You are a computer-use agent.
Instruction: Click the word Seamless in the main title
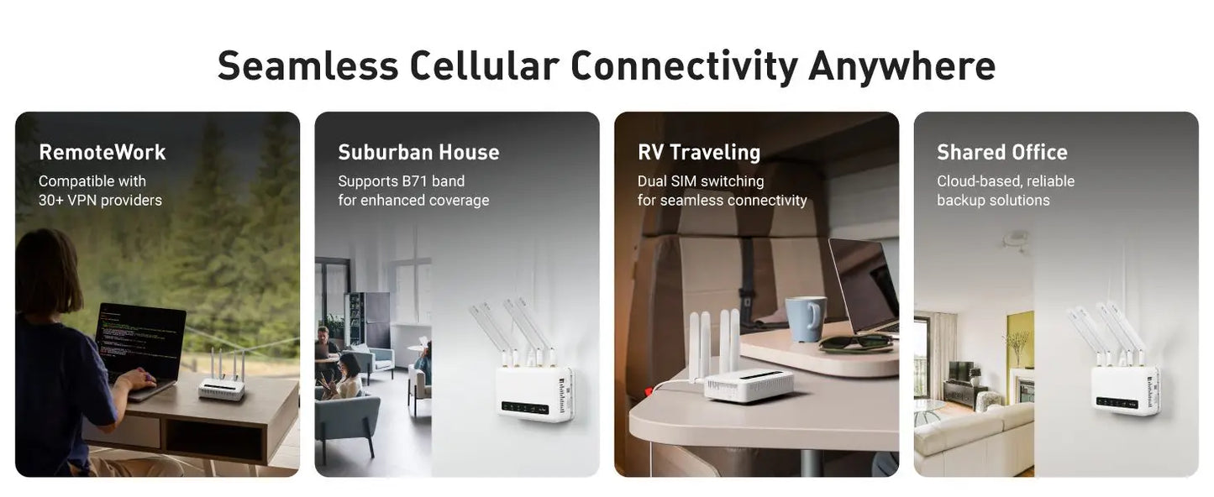pos(307,66)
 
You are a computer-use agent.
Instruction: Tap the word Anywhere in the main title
pos(901,66)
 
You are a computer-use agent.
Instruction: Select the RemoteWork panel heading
pos(102,152)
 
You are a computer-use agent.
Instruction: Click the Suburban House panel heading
pos(418,152)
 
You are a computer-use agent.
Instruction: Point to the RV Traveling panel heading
pos(699,152)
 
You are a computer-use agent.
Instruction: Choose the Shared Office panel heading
pos(1002,152)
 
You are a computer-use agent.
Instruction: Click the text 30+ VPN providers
pos(100,201)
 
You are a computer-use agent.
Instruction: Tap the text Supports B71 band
pos(401,181)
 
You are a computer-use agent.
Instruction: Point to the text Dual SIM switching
pos(701,181)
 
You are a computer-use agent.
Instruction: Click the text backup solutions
pos(993,201)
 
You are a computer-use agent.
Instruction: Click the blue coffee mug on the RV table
pos(805,319)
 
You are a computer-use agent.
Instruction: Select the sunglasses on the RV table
pos(856,342)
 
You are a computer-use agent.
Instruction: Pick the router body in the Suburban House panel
pos(533,392)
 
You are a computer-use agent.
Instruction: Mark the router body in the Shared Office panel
pos(1124,390)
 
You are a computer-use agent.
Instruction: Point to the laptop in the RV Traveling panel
pos(864,285)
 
